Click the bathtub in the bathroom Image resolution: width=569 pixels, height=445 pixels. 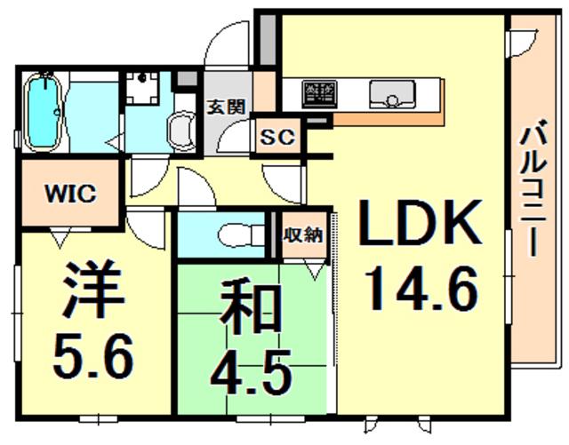click(x=44, y=112)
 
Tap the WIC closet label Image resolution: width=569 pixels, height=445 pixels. click(x=70, y=194)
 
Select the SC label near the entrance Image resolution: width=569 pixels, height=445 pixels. click(x=278, y=137)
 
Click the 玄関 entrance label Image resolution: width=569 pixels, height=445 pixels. click(x=227, y=107)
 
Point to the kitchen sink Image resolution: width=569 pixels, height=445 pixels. click(x=392, y=94)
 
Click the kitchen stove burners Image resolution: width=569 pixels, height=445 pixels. click(x=320, y=94)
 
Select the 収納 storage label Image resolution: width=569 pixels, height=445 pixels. click(x=303, y=235)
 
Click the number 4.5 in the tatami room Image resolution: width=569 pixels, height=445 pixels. click(x=251, y=372)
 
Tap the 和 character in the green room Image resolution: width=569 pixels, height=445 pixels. click(x=251, y=309)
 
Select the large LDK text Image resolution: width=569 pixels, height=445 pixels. click(x=421, y=222)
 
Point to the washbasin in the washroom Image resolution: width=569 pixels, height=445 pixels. click(x=181, y=131)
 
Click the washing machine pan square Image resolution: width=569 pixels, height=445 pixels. click(x=142, y=88)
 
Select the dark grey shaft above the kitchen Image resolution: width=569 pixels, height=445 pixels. click(x=268, y=40)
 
